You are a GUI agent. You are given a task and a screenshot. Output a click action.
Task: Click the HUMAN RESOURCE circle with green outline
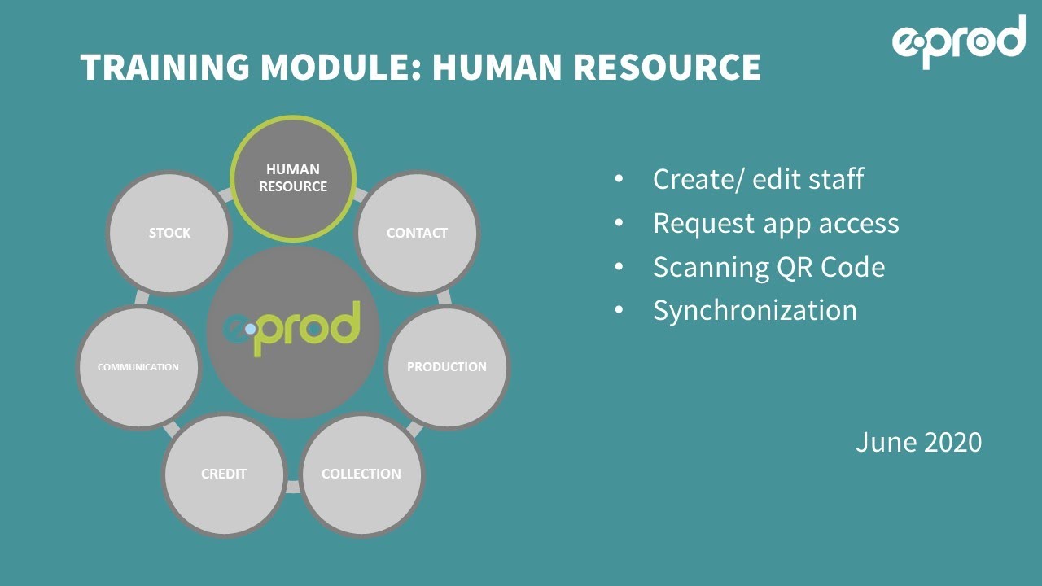[293, 178]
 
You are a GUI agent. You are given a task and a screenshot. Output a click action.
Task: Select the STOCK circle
[169, 233]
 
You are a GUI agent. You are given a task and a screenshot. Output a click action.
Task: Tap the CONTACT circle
[417, 233]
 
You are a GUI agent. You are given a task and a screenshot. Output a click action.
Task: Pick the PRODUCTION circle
[446, 367]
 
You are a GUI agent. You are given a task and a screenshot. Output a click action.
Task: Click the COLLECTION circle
[361, 474]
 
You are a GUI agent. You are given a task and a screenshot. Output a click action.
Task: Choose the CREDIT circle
[224, 474]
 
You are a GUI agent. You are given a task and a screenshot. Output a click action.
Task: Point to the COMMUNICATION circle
[138, 367]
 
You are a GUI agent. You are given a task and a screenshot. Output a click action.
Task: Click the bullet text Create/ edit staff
[758, 179]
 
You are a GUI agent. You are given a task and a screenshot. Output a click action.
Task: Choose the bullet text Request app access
[776, 223]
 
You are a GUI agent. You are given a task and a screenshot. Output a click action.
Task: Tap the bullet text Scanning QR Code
[768, 267]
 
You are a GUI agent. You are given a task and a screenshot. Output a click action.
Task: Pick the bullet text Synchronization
[755, 310]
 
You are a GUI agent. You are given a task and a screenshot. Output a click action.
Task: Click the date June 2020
[918, 442]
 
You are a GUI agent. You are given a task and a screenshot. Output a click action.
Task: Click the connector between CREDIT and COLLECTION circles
[293, 487]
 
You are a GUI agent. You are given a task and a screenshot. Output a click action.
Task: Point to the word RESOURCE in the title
[667, 68]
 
